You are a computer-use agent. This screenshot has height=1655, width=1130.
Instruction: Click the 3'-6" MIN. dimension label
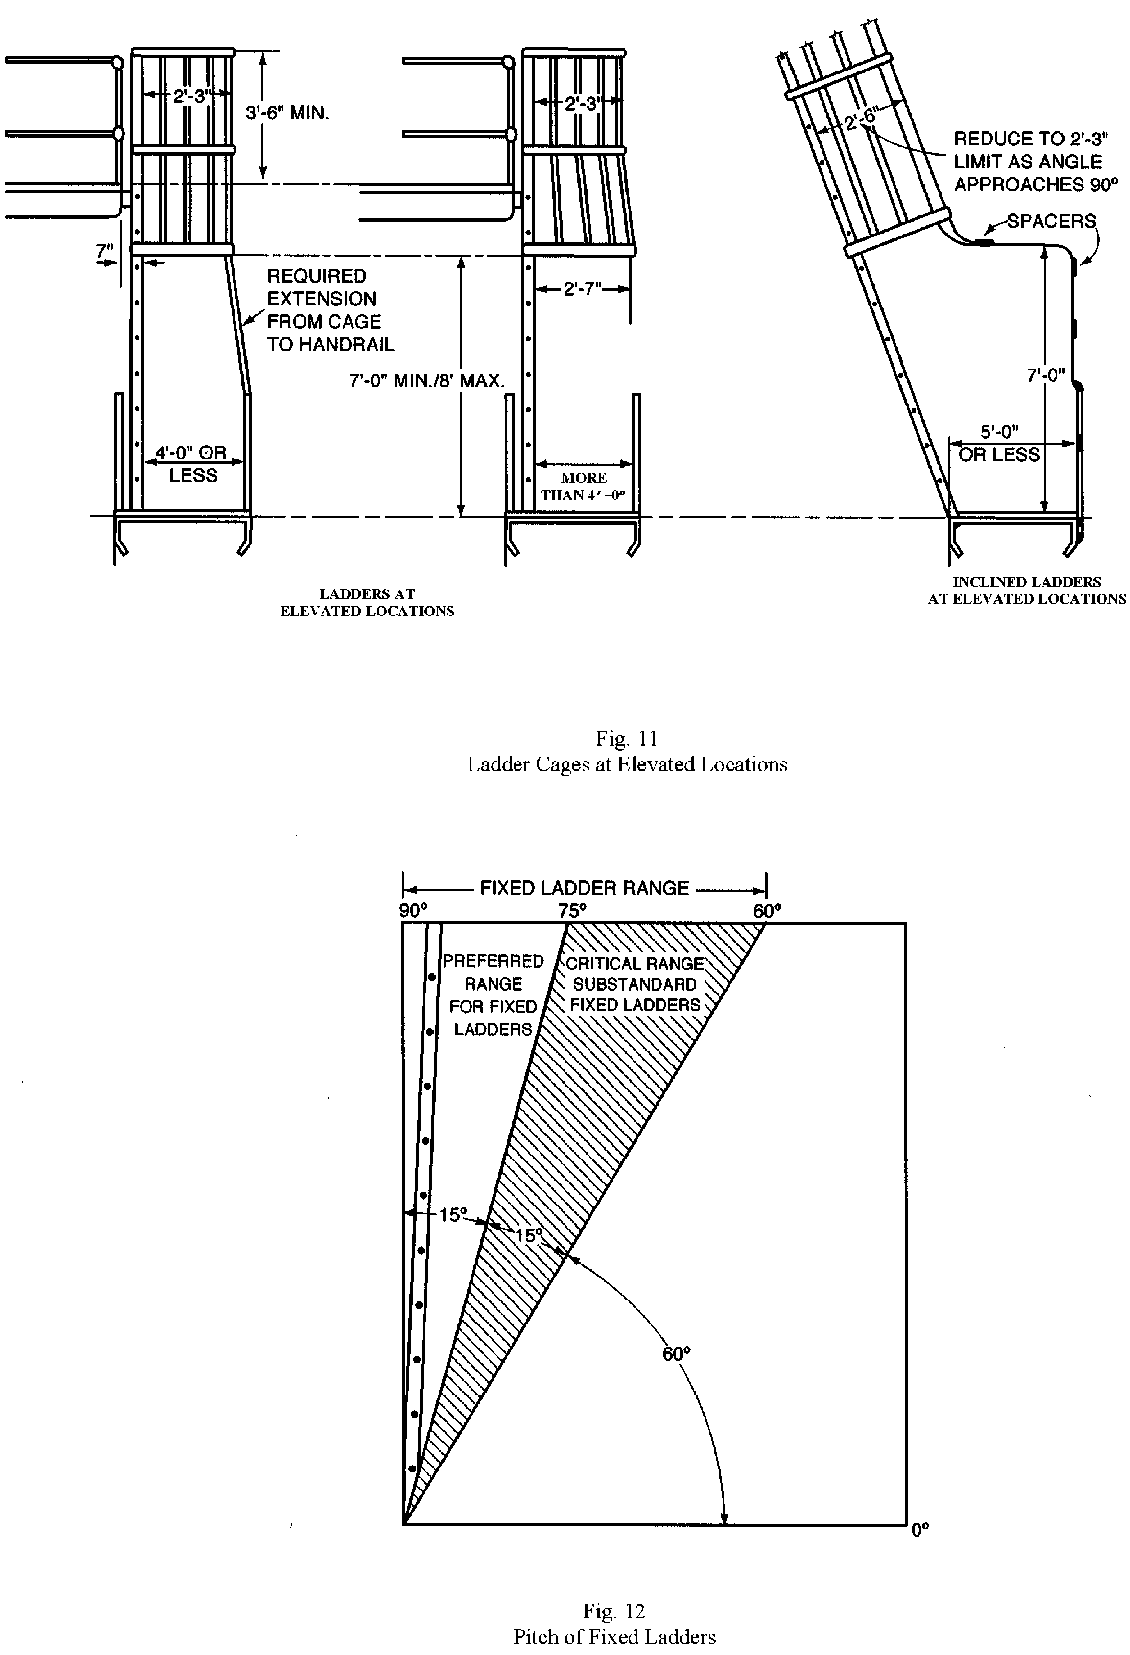[287, 113]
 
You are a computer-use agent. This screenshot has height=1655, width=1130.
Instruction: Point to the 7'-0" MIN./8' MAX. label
[426, 380]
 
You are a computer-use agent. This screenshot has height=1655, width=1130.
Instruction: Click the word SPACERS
[1051, 221]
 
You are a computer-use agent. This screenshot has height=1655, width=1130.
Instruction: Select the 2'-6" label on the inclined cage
[862, 119]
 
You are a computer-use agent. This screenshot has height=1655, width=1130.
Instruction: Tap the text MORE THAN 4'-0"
[583, 486]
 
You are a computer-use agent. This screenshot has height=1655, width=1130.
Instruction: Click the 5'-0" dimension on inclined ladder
[999, 431]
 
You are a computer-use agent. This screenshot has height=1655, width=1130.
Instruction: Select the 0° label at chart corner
[920, 1530]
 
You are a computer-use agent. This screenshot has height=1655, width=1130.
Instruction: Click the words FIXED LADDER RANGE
[584, 888]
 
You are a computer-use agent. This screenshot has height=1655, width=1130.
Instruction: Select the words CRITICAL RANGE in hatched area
[635, 964]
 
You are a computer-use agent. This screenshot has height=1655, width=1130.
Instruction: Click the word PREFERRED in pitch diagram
[493, 961]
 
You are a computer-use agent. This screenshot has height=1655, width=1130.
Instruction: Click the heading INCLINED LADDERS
[1026, 582]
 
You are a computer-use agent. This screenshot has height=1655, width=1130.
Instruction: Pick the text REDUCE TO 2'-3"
[1030, 139]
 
